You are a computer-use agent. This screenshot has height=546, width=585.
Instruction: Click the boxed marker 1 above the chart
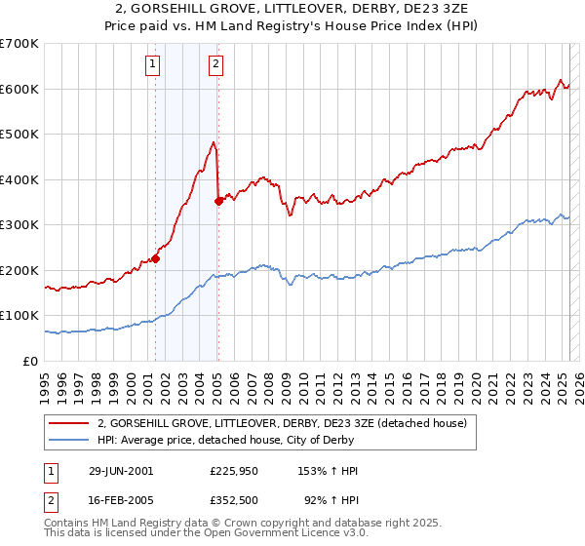[x=154, y=65]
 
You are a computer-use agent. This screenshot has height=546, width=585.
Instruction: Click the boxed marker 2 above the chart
[x=215, y=65]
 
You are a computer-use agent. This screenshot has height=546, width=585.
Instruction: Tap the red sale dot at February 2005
[x=218, y=202]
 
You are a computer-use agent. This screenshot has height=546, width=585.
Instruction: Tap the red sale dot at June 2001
[x=156, y=258]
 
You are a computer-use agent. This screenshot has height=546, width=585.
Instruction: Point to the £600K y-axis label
[x=19, y=89]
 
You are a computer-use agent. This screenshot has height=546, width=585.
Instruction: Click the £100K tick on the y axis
[x=19, y=316]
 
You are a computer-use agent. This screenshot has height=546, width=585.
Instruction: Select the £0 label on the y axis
[x=29, y=361]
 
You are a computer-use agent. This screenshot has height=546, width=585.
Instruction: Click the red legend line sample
[x=70, y=423]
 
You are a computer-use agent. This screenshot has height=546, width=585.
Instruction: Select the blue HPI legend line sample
[x=70, y=440]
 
